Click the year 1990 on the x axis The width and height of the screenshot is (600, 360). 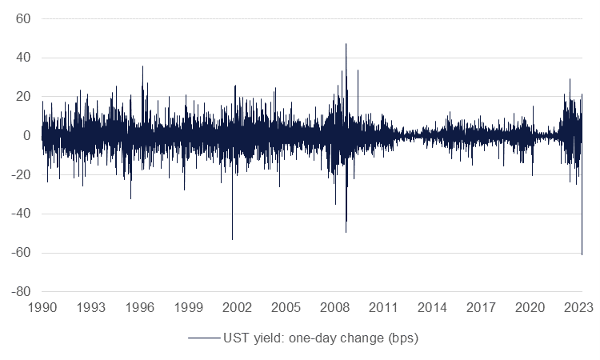(42, 307)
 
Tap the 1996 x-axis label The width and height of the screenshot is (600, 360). (140, 307)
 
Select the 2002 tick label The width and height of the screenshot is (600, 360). (238, 307)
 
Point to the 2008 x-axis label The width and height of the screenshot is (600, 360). (335, 307)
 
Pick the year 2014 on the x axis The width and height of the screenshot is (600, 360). (433, 307)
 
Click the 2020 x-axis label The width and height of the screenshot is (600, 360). (530, 307)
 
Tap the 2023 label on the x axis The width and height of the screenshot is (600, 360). (578, 307)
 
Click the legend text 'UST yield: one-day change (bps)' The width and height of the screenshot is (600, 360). (320, 338)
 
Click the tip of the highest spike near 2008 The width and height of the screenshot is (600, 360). (346, 44)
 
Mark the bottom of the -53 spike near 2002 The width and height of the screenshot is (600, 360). (232, 239)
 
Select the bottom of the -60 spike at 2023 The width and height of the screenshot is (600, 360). (582, 254)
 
